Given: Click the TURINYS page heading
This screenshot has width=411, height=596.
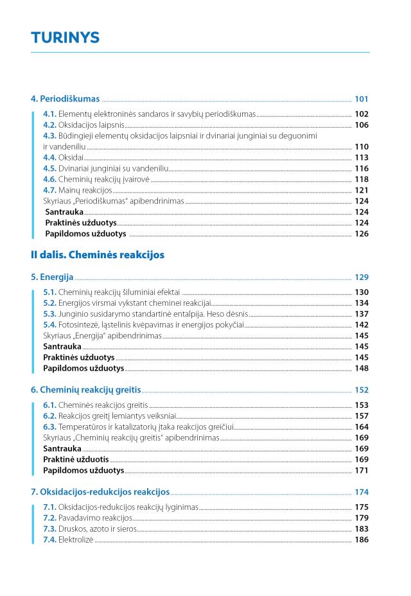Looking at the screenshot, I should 65,38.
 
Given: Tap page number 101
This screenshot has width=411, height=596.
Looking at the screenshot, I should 362,99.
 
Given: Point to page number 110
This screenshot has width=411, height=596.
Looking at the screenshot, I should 362,146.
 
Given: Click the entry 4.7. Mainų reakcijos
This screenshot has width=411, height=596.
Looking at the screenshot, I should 78,190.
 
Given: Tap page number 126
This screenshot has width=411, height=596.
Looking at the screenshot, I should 362,234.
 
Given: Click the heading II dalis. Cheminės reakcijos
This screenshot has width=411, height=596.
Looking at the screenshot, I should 98,255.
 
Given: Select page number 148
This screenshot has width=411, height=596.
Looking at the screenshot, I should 362,368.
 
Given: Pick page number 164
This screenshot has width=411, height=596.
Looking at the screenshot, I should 362,426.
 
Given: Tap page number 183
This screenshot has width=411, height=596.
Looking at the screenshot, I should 362,529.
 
